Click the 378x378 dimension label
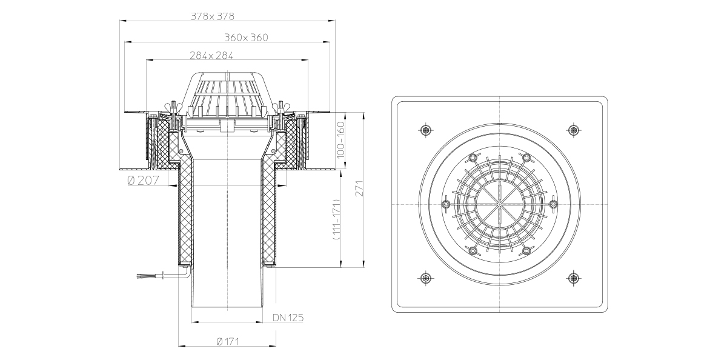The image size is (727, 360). point(212,16)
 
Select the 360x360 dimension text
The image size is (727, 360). point(247,38)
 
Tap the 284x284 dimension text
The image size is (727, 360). point(211,56)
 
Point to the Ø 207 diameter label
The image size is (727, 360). point(144,180)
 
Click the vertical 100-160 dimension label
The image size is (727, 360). point(340,140)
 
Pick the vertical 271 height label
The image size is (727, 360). point(359,188)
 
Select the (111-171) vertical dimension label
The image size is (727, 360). point(336,219)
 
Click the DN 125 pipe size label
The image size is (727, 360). point(288,318)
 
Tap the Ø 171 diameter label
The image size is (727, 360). point(228,341)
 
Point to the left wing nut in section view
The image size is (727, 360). point(173,107)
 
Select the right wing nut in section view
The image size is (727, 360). point(281,107)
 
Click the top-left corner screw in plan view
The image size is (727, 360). point(425,130)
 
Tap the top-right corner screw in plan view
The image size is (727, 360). point(574,130)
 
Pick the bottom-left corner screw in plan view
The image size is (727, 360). point(425,278)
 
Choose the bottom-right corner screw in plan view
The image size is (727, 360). point(574,278)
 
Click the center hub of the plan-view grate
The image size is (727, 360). point(499,204)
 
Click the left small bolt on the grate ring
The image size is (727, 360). point(446,204)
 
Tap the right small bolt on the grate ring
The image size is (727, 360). point(553,204)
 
